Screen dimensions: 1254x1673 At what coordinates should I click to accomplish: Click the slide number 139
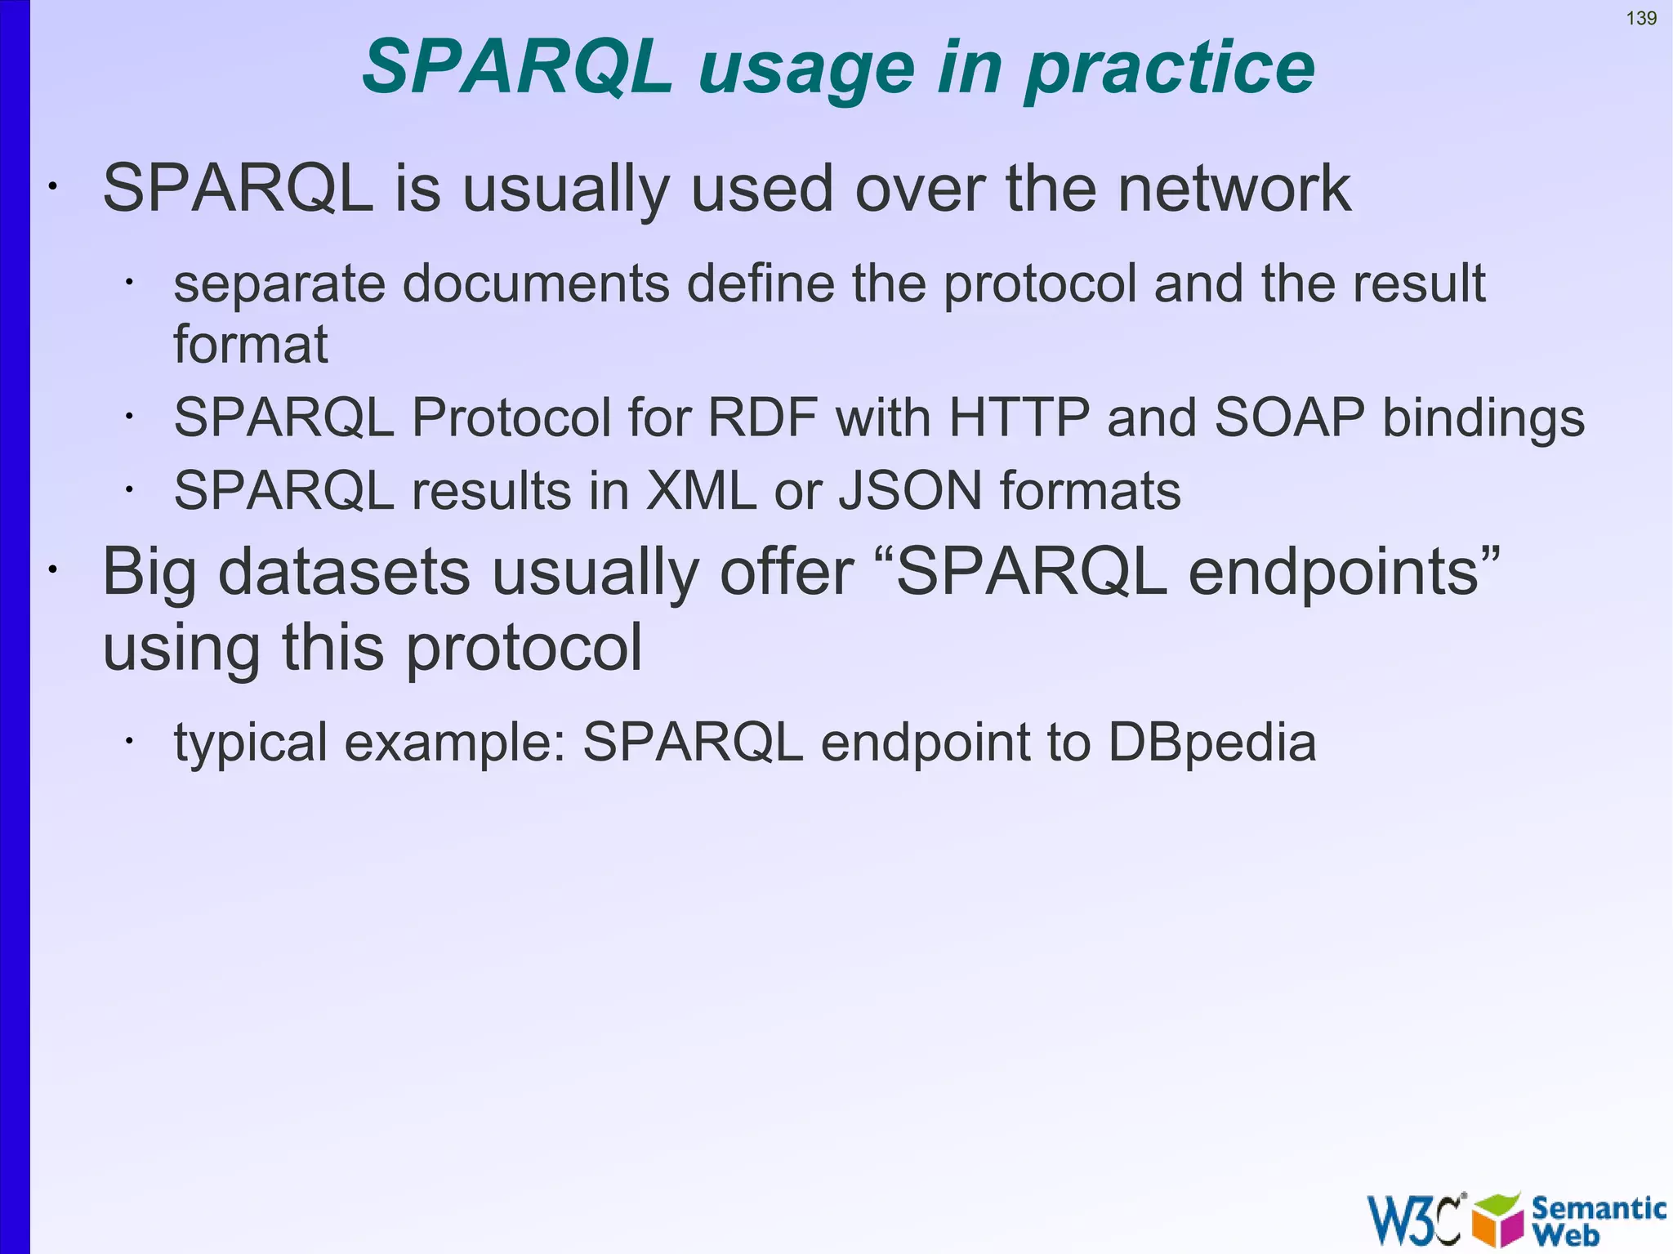click(x=1641, y=18)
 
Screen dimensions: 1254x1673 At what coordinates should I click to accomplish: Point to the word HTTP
click(x=1019, y=417)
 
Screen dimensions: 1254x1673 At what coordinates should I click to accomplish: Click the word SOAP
click(x=1289, y=417)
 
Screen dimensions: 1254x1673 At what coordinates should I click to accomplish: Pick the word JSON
click(x=910, y=491)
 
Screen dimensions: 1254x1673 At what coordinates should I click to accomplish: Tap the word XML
click(x=701, y=491)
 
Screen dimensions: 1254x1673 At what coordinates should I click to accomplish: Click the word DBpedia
click(x=1211, y=743)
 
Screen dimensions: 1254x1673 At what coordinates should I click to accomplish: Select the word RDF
click(x=762, y=417)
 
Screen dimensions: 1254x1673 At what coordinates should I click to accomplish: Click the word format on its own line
click(x=250, y=344)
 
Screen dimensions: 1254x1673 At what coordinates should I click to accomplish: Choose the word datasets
click(x=344, y=571)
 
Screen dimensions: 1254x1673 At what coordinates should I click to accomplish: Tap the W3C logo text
click(x=1414, y=1221)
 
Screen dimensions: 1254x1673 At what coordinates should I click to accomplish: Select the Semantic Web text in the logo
click(x=1597, y=1221)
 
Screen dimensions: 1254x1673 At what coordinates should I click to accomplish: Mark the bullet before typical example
click(x=128, y=741)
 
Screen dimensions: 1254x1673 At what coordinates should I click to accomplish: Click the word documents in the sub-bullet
click(x=536, y=283)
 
